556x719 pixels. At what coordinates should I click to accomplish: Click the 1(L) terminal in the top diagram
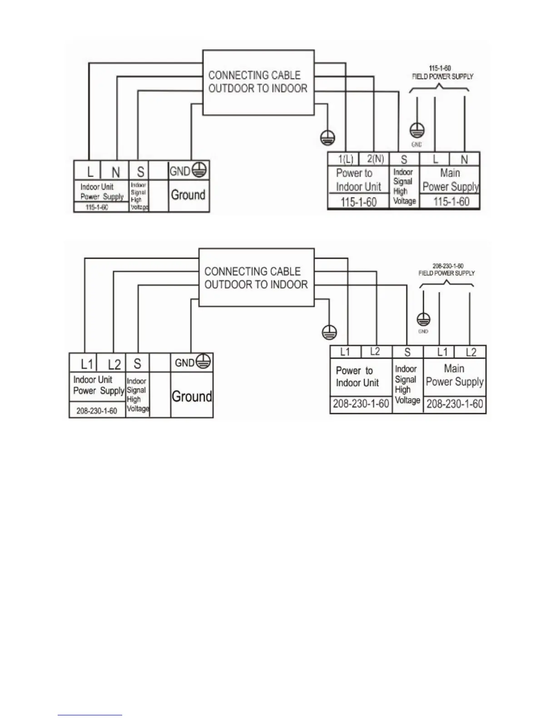pos(346,159)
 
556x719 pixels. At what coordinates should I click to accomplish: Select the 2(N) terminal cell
pos(375,159)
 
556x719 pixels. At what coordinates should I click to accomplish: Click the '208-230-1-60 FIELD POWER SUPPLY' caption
pos(447,269)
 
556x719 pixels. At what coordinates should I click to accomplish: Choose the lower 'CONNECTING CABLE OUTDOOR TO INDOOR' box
pos(256,278)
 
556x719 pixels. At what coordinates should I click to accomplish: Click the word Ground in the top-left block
pos(188,195)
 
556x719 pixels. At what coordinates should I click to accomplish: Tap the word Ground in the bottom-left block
pos(192,396)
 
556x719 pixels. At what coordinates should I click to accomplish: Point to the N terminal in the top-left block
pos(116,172)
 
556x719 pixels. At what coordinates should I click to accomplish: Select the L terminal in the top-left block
pos(90,172)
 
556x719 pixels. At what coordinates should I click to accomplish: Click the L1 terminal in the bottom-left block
pos(87,364)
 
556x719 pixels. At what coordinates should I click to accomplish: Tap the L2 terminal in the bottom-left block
pos(114,364)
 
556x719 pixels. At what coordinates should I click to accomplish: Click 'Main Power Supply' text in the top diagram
pos(450,180)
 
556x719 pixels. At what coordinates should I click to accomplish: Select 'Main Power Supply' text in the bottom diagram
pos(455,375)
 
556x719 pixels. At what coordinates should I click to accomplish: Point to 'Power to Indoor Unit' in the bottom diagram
pos(357,377)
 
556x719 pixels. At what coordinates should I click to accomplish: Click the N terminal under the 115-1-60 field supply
pos(464,159)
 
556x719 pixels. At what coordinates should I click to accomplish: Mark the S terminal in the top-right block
pos(404,159)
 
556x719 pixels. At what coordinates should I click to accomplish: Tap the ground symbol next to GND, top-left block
pos(199,170)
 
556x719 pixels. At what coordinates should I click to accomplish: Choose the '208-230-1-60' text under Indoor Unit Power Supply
pos(97,411)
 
